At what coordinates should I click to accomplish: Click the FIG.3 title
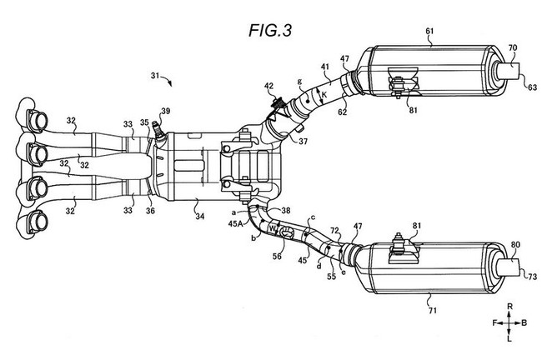[x=270, y=30]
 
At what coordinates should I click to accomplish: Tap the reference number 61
[x=429, y=31]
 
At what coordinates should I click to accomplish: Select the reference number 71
[x=433, y=311]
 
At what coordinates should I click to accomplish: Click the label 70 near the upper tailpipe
[x=513, y=47]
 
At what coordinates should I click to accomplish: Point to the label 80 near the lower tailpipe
[x=515, y=245]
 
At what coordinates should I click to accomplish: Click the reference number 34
[x=200, y=217]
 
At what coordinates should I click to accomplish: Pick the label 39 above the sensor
[x=166, y=111]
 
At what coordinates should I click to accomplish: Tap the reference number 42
[x=269, y=86]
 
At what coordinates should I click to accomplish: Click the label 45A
[x=235, y=223]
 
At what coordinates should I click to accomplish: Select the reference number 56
[x=277, y=256]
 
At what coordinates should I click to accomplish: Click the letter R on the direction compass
[x=509, y=306]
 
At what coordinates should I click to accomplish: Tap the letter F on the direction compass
[x=494, y=323]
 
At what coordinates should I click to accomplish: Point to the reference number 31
[x=155, y=75]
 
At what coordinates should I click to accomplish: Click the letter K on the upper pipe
[x=324, y=94]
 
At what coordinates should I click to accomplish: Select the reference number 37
[x=304, y=141]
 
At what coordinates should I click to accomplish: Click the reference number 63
[x=532, y=87]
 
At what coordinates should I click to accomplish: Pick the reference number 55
[x=332, y=276]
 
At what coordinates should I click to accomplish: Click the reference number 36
[x=150, y=210]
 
